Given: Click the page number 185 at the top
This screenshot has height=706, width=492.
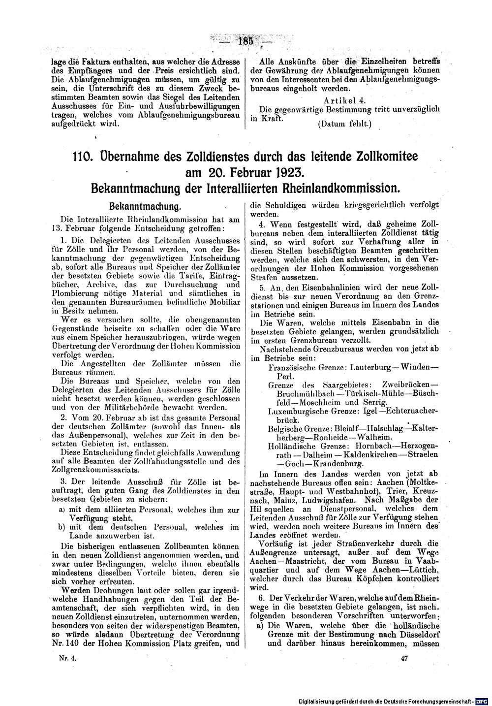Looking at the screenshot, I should (x=245, y=41).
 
